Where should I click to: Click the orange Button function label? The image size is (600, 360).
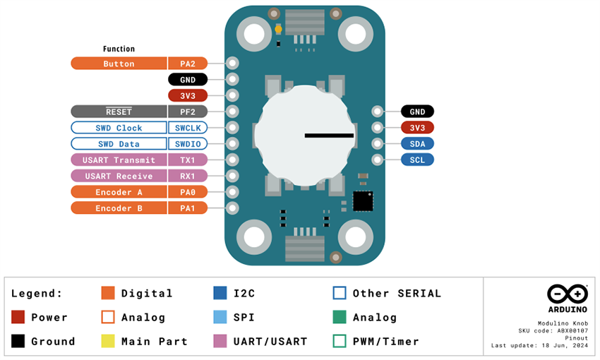[x=119, y=64]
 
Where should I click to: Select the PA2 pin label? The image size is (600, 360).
[x=188, y=64]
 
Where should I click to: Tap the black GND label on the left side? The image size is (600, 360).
[x=188, y=80]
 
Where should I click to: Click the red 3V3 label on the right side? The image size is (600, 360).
[x=417, y=128]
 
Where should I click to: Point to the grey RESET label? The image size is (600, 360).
[x=119, y=112]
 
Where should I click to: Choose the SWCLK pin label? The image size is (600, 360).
[x=188, y=128]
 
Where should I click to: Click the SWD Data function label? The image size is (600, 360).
[x=119, y=144]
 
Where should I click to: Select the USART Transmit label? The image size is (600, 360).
[x=119, y=160]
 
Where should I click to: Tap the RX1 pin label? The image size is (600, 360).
[x=188, y=176]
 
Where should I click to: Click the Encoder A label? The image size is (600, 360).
[x=119, y=192]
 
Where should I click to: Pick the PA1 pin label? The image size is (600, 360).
[x=188, y=208]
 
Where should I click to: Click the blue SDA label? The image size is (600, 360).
[x=417, y=144]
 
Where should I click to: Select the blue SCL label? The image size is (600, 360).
[x=417, y=160]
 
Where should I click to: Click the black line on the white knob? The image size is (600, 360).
[x=328, y=135]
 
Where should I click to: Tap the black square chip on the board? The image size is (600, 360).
[x=363, y=200]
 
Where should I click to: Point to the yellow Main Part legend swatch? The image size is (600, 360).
[x=108, y=341]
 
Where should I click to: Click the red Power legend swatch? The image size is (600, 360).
[x=18, y=317]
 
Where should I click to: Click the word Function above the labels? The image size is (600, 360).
[x=119, y=49]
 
